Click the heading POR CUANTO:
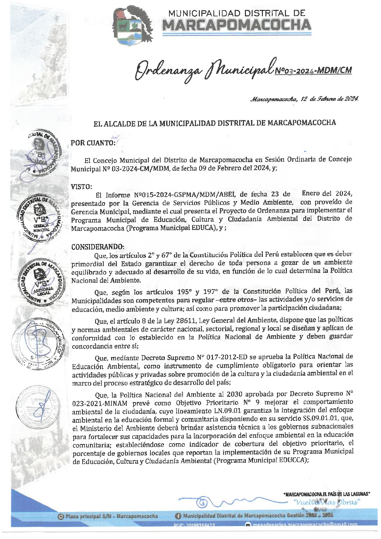pyautogui.click(x=93, y=143)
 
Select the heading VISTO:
pyautogui.click(x=82, y=186)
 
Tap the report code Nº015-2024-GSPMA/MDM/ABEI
pyautogui.click(x=185, y=194)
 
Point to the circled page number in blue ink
pyautogui.click(x=203, y=502)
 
